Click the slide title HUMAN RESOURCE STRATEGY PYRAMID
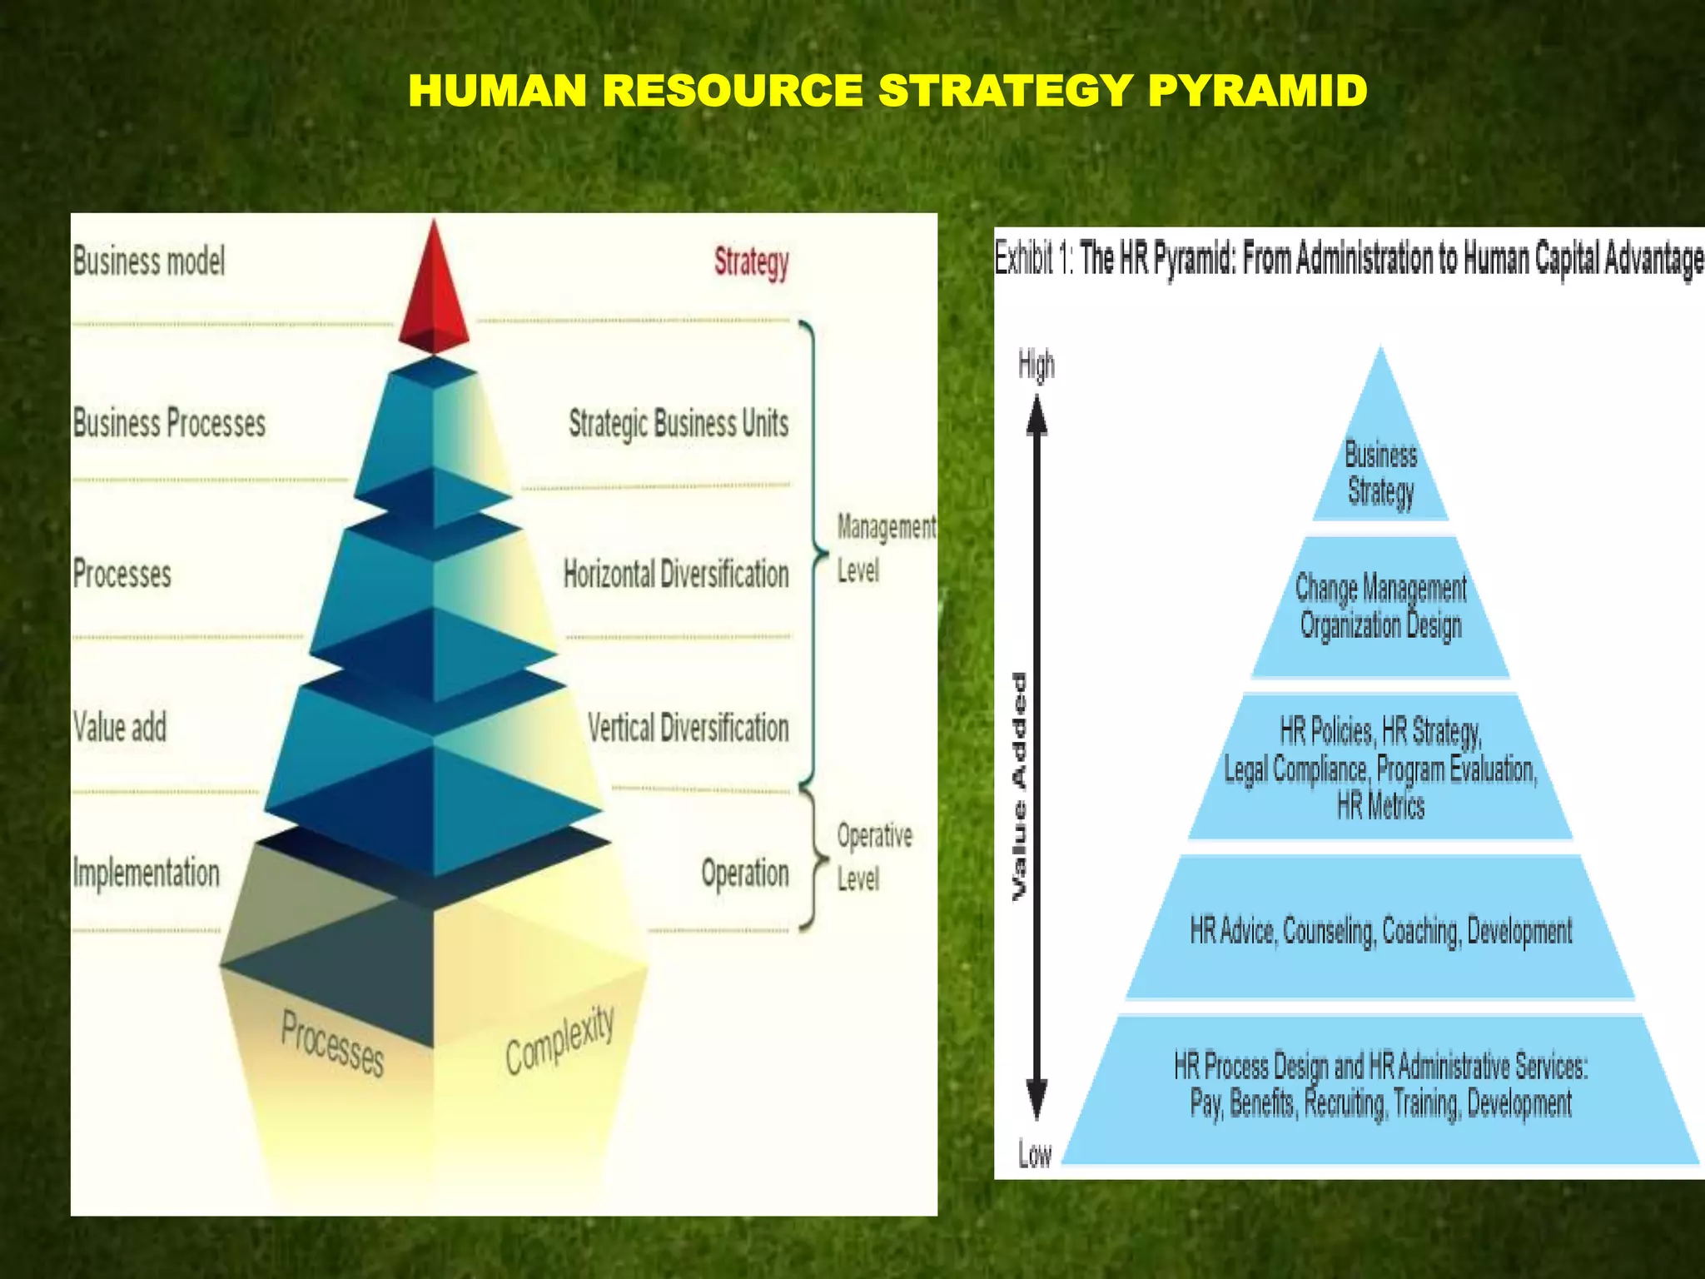(887, 91)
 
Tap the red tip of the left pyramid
(434, 291)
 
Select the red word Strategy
(751, 262)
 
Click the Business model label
(149, 261)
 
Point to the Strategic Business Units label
(679, 423)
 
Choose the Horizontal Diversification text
(676, 574)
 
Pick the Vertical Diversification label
(688, 728)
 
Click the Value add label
(120, 727)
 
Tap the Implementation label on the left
(147, 873)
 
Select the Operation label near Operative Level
(744, 873)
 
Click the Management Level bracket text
(885, 548)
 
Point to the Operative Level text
(874, 856)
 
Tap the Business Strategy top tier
(1380, 473)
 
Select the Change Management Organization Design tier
(1380, 607)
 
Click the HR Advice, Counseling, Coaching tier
(1380, 930)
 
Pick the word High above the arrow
(1036, 365)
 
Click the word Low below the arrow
(1035, 1154)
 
